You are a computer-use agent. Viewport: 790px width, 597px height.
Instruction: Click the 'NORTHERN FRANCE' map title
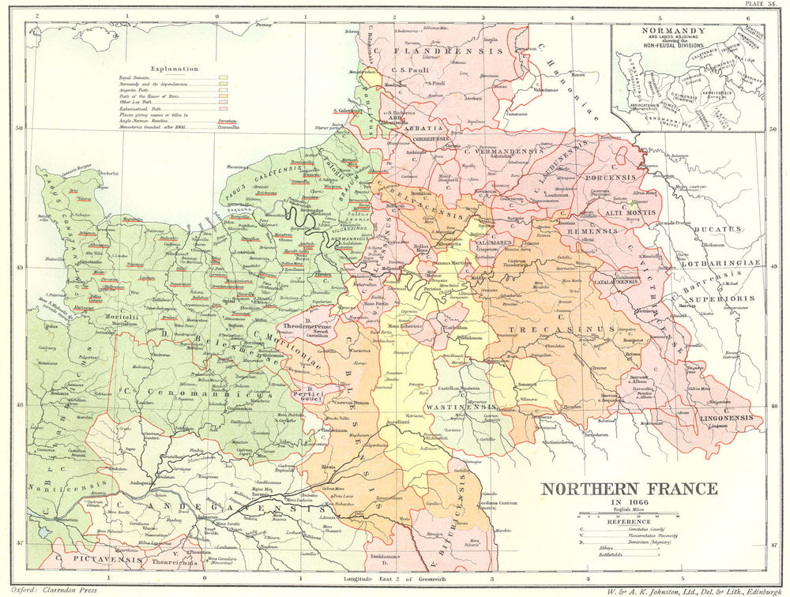[629, 489]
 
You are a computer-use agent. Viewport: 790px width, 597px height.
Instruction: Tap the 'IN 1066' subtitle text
[629, 505]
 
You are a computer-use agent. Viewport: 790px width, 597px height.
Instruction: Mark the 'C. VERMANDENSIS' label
[502, 150]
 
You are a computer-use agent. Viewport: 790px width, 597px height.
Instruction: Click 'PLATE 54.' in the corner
[765, 5]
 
